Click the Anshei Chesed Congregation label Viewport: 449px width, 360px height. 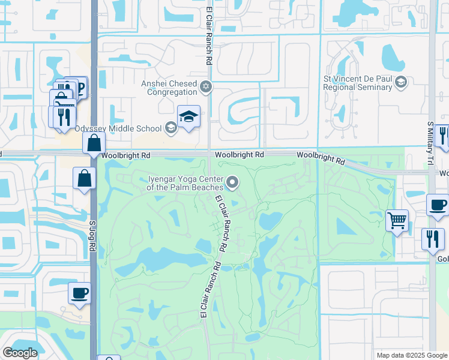pos(169,88)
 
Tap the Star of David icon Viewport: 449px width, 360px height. pos(206,88)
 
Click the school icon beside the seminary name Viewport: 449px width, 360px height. pos(400,83)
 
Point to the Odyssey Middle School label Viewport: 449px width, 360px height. pos(118,128)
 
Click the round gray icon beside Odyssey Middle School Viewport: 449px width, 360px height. pos(170,127)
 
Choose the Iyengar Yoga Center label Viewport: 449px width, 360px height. pos(186,182)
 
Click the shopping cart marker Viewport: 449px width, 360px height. pos(397,220)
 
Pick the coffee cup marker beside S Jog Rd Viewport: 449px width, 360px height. pos(79,293)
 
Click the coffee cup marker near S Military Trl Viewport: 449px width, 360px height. pos(438,205)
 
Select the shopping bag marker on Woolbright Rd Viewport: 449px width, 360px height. pos(94,143)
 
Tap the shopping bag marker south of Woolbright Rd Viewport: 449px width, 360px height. pos(84,178)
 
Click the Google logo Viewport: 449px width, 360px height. pos(20,353)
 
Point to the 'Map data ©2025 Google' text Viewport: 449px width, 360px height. pos(411,355)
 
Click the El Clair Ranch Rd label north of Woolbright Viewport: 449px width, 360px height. pos(209,36)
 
